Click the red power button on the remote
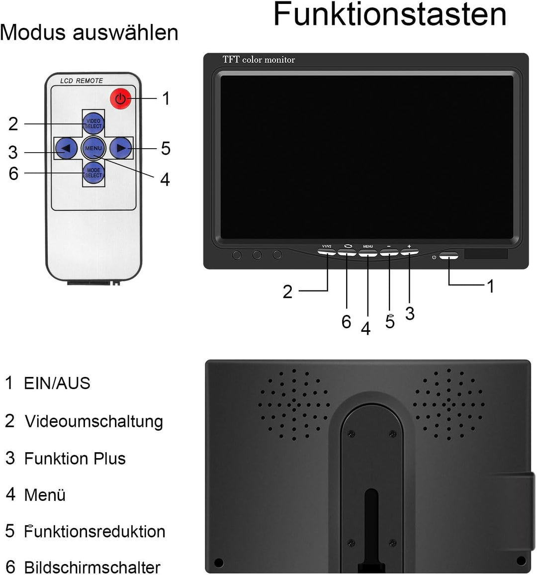coord(120,98)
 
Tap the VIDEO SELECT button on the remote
coord(93,123)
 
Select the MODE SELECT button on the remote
coord(93,173)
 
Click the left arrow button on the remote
coord(66,148)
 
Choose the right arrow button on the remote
coord(120,148)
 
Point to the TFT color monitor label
coord(259,60)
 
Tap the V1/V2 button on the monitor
coord(327,252)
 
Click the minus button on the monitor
coord(389,252)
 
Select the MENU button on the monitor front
coord(368,252)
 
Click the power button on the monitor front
coord(448,257)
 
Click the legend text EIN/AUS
coord(57,383)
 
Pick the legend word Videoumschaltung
coord(94,421)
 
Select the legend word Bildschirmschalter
coord(92,567)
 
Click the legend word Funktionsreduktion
coord(94,531)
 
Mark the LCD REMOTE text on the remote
coord(82,81)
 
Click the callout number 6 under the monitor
coord(347,322)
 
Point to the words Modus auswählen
coord(89,33)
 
